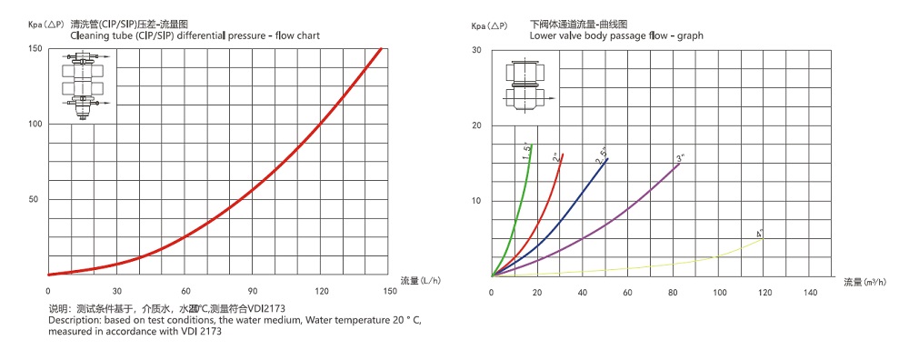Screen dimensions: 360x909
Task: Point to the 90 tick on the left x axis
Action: pyautogui.click(x=253, y=291)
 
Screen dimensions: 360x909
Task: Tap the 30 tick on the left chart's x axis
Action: pyautogui.click(x=116, y=291)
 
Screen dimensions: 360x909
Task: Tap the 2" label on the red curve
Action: pyautogui.click(x=555, y=156)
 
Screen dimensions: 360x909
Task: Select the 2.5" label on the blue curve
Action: pyautogui.click(x=601, y=155)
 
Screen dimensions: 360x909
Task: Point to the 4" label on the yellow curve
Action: pyautogui.click(x=759, y=234)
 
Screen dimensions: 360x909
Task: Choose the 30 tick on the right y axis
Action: pyautogui.click(x=475, y=49)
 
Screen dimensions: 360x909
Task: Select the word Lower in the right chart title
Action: pyautogui.click(x=544, y=35)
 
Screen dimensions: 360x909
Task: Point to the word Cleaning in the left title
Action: pyautogui.click(x=90, y=35)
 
